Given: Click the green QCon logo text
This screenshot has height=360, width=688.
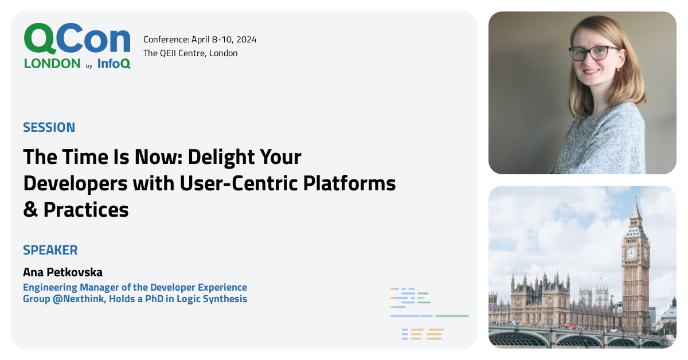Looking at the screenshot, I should [x=77, y=39].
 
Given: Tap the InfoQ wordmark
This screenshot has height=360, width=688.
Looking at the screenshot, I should [x=114, y=64].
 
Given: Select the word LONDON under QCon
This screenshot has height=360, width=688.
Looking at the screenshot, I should [x=52, y=64].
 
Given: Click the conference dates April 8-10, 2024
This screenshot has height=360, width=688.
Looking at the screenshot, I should [x=221, y=40].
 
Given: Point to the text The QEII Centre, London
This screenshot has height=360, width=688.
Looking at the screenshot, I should [x=190, y=53].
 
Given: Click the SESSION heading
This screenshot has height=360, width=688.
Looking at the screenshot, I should [x=49, y=127].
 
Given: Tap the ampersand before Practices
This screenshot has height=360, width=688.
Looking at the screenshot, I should [x=30, y=210].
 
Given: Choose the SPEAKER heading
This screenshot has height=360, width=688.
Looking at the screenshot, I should [x=50, y=250].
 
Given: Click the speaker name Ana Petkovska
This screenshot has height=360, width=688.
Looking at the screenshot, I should [x=62, y=272].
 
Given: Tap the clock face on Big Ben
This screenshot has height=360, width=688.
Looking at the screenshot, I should [x=631, y=253].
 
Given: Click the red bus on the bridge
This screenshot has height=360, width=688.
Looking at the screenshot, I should [x=569, y=326].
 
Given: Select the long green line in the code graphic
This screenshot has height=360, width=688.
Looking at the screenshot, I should [x=452, y=316].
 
